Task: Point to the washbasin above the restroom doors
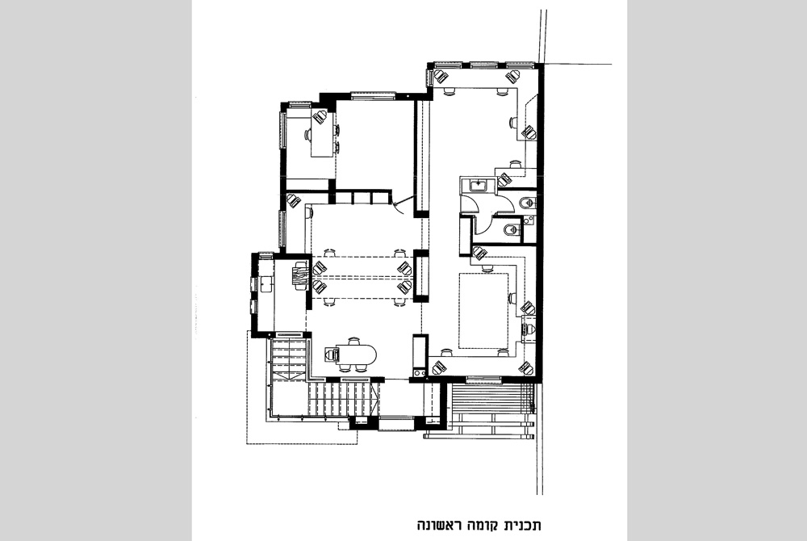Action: [479, 184]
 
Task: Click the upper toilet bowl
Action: [524, 202]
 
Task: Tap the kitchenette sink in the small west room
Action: [266, 283]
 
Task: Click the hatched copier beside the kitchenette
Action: [300, 277]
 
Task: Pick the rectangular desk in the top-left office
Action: [322, 136]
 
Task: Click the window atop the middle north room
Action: [373, 95]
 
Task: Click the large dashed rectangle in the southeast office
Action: [483, 310]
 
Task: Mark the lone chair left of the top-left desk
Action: [307, 136]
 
